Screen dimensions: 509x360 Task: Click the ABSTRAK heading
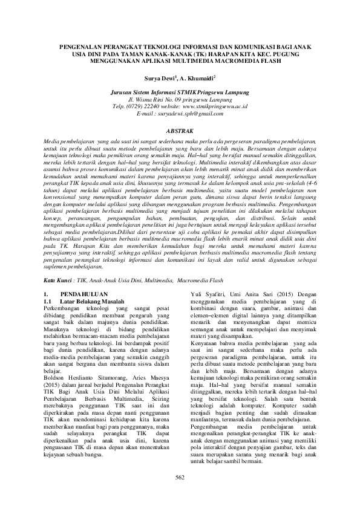(180, 129)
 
